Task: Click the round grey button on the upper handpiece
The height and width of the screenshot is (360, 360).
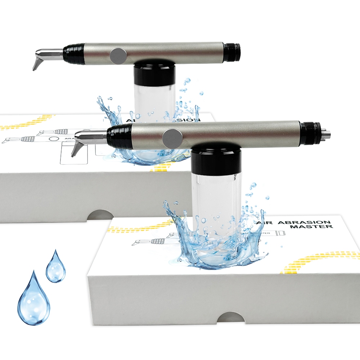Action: click(118, 55)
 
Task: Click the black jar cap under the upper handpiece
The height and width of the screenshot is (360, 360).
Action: click(154, 74)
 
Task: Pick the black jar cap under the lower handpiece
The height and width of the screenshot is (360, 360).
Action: click(216, 159)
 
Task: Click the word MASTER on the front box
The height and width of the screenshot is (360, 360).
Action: click(318, 227)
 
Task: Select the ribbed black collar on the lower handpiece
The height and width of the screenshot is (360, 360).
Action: click(120, 137)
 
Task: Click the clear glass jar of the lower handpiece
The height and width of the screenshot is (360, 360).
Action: click(215, 202)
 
